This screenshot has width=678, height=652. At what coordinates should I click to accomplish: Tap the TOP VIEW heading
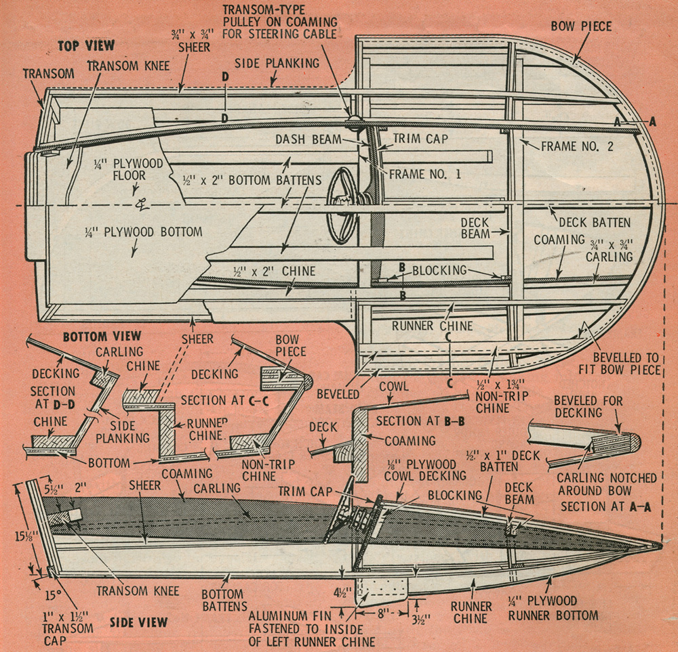click(x=87, y=46)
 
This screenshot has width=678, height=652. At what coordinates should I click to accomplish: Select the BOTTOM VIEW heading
click(x=102, y=336)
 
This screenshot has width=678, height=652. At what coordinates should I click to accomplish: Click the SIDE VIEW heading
click(x=138, y=622)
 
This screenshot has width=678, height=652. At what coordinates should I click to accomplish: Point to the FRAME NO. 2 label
click(x=577, y=146)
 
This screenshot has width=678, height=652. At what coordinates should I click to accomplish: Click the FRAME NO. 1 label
click(x=425, y=174)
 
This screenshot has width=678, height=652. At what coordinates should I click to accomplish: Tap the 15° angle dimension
click(x=54, y=595)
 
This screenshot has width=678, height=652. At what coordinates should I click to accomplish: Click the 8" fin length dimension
click(x=381, y=613)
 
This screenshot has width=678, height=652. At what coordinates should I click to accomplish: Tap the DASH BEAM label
click(x=308, y=139)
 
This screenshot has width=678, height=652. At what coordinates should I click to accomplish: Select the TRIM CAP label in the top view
click(x=420, y=138)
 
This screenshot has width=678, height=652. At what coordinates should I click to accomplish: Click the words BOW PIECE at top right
click(x=581, y=26)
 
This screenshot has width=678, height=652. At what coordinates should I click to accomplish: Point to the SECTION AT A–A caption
click(x=605, y=506)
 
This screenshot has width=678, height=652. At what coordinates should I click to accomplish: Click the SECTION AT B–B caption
click(x=420, y=421)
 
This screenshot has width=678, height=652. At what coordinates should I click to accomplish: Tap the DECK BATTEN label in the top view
click(x=595, y=222)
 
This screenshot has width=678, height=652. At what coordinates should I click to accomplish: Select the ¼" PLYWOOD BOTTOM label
click(x=144, y=232)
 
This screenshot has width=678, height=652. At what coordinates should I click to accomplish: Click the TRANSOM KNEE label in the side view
click(x=138, y=590)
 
